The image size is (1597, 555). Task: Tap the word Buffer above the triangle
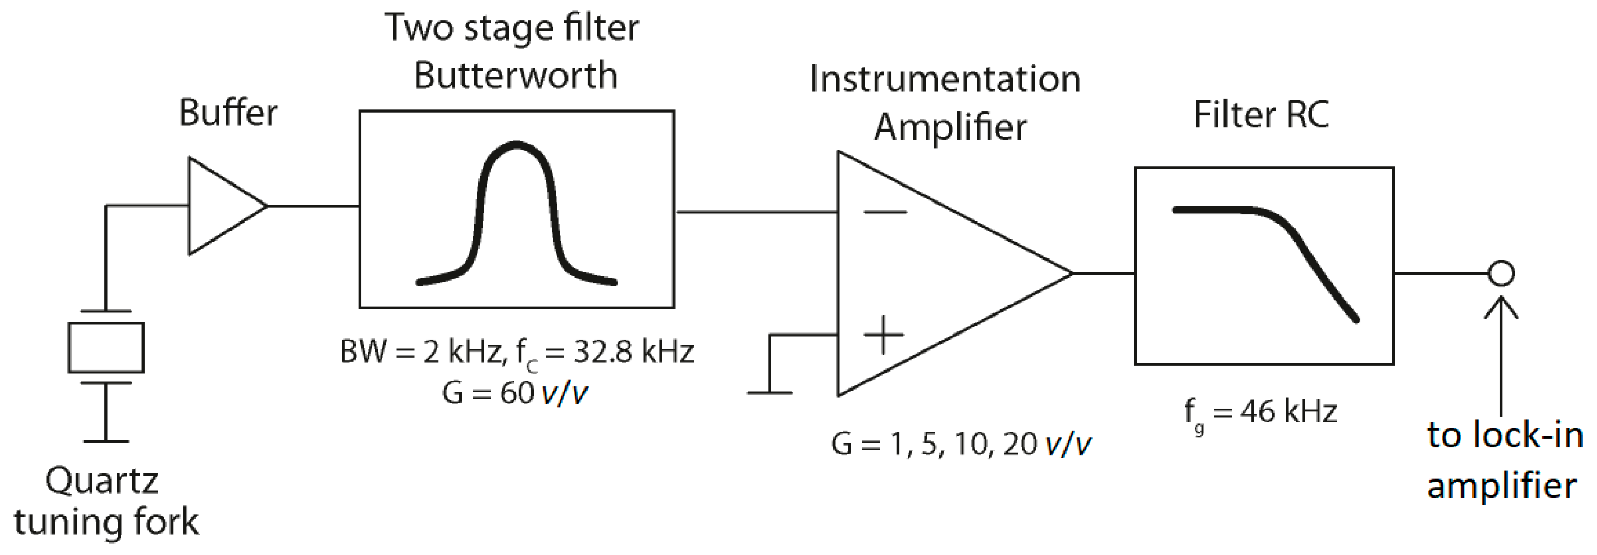coord(228,114)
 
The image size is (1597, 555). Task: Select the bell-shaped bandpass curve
coord(517,211)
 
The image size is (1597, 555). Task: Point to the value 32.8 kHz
coord(633,352)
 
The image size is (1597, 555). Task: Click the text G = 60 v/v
coord(514,393)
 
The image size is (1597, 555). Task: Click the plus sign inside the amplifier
coord(883,335)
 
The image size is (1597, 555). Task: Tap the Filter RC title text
coord(1261,115)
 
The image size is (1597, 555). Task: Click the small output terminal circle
coord(1501,273)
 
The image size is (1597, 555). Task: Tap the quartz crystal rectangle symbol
coord(106,347)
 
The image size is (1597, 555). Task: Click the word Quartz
coord(102,480)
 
